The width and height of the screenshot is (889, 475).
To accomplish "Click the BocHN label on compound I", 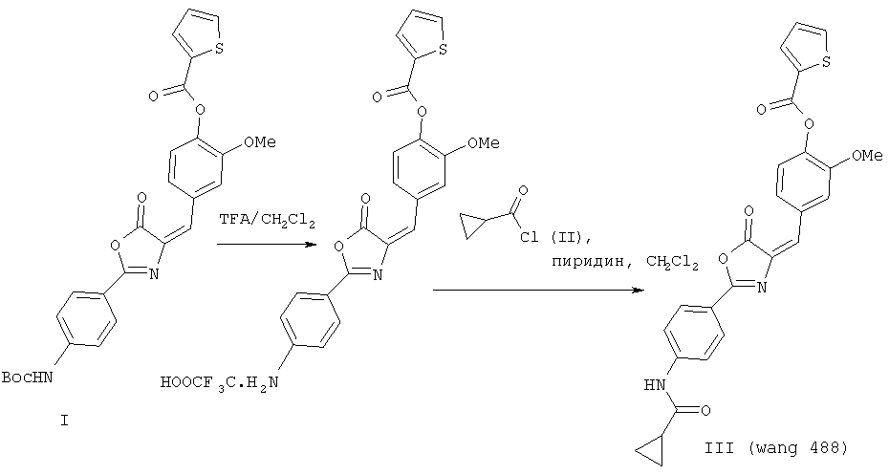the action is [27, 377].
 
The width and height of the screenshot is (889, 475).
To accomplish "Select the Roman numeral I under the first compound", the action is [64, 421].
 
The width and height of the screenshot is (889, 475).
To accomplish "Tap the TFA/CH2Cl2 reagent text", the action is [267, 221].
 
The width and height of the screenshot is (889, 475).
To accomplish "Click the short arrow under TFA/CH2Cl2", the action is [266, 245].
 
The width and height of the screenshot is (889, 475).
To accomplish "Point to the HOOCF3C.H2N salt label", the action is [220, 382].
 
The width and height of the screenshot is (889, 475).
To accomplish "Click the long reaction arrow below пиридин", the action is [538, 290].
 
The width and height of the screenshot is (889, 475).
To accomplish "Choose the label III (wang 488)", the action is [775, 448].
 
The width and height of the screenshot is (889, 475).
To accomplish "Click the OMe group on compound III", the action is [867, 155].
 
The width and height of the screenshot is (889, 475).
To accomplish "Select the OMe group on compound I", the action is [260, 141].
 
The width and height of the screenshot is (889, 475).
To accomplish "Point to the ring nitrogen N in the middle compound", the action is [378, 275].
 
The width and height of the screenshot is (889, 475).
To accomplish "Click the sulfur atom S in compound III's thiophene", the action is [826, 61].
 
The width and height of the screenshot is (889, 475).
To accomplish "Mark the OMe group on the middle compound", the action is [484, 142].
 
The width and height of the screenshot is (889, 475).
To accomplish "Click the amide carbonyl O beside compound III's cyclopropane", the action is [705, 410].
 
